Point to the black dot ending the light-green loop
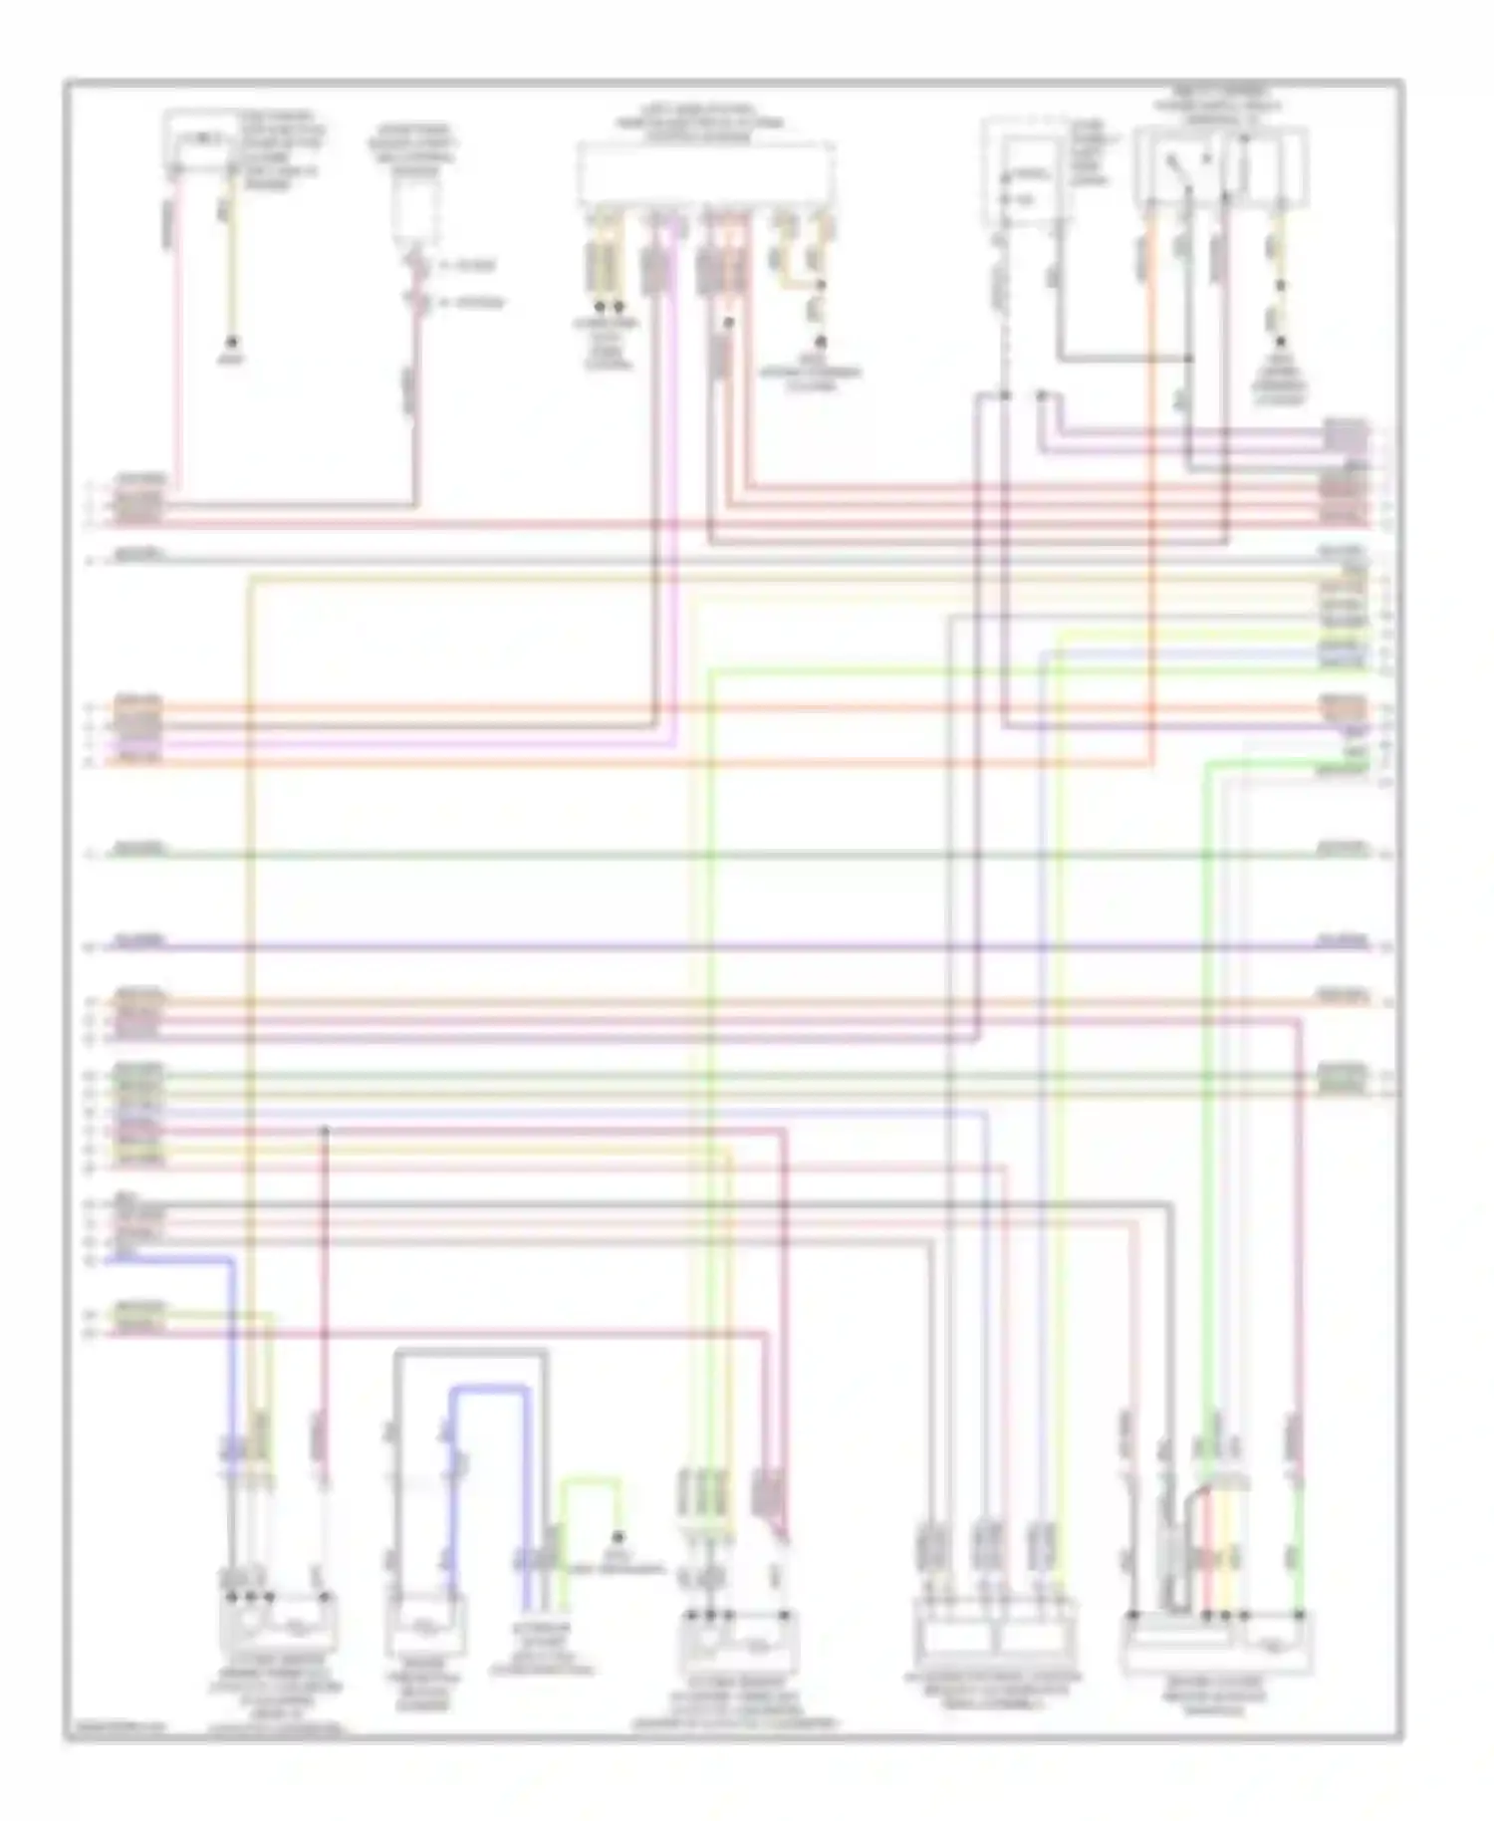tap(619, 1536)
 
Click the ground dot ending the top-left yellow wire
tap(232, 341)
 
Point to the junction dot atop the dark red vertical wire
tap(325, 1130)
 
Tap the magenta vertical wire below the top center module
tap(678, 478)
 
